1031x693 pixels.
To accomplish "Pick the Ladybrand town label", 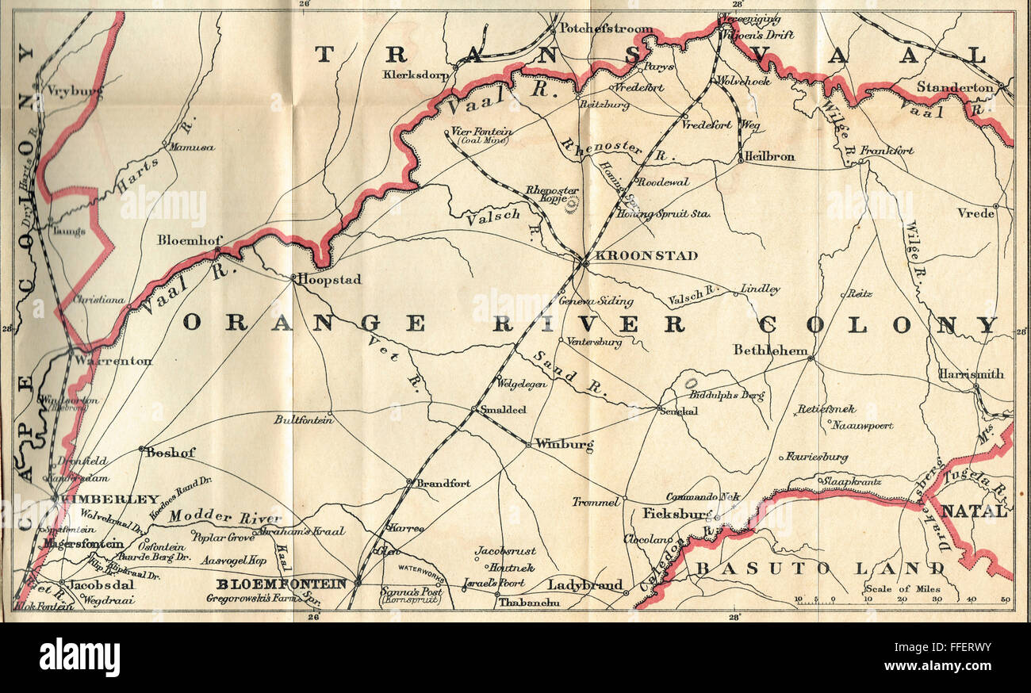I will [x=586, y=585].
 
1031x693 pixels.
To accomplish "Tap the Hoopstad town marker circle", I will [x=293, y=278].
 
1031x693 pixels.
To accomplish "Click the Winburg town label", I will [x=565, y=445].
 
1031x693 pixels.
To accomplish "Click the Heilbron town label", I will [x=770, y=156].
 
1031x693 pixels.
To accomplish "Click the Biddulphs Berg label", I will [x=727, y=393].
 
